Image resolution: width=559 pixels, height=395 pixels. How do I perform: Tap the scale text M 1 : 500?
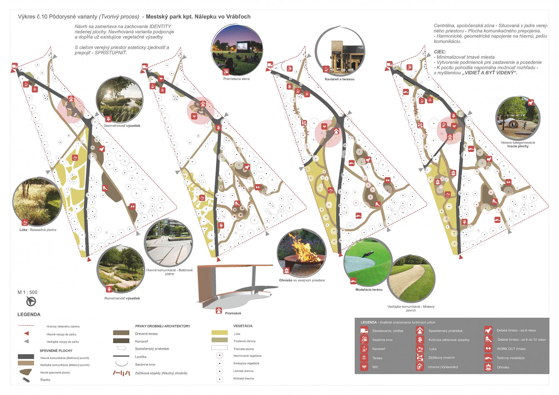coord(27,292)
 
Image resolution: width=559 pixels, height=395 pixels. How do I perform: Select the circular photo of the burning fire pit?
coord(301,253)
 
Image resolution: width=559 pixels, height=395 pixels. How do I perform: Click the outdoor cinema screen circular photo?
coord(237,50)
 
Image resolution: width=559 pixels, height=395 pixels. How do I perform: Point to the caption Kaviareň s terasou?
coord(340,79)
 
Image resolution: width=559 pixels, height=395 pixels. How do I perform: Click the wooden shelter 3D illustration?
coord(234,286)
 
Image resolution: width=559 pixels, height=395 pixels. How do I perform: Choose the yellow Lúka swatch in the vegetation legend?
coord(219,333)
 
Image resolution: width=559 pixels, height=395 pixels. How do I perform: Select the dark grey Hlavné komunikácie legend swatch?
coord(26,357)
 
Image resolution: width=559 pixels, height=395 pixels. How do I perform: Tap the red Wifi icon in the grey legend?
coord(364,367)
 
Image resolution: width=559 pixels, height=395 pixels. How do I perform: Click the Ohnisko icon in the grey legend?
coord(488,367)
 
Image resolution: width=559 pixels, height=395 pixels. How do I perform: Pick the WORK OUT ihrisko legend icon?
coord(488,348)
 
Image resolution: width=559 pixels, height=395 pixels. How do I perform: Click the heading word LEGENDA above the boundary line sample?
coord(29,314)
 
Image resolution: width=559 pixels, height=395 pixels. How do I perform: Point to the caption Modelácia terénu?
coord(369,289)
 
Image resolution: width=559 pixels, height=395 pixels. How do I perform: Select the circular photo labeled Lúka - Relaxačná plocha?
coord(37,202)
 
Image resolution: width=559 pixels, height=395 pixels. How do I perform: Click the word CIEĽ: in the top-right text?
coord(440,52)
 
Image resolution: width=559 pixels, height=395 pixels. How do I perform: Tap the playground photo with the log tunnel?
coord(517,119)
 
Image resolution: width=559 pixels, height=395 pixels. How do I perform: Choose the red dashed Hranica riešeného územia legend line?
coord(26,325)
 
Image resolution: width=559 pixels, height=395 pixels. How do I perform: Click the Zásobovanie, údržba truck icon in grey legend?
coord(364,331)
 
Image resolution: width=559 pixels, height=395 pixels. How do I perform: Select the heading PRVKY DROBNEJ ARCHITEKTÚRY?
coord(162,326)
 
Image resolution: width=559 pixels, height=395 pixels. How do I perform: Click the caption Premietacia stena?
coord(236,79)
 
